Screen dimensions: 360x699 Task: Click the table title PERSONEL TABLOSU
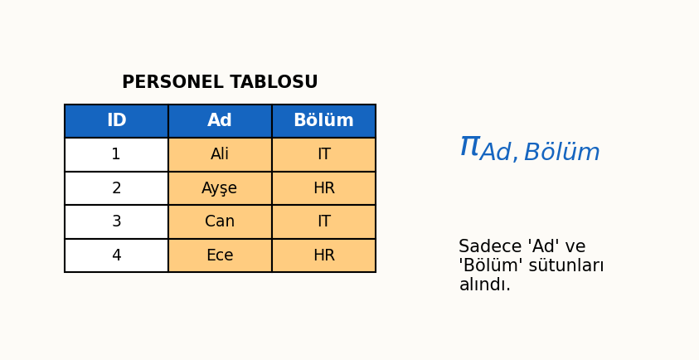(x=220, y=83)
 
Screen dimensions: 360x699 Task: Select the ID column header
(x=116, y=121)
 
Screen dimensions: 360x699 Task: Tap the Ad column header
(x=220, y=121)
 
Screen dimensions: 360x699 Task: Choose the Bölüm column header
(x=323, y=121)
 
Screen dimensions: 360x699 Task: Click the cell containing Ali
(x=220, y=155)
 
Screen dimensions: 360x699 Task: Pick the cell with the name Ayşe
(x=220, y=188)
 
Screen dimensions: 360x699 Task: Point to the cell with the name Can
(x=220, y=222)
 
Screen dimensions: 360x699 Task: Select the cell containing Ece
(x=220, y=255)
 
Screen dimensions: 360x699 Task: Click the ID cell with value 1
(x=116, y=155)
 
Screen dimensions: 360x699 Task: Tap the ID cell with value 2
(x=116, y=188)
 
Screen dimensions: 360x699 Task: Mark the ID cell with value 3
(x=116, y=222)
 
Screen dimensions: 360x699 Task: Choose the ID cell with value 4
(x=116, y=255)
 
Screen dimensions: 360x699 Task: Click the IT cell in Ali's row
(x=323, y=155)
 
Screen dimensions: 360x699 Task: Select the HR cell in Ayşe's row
(x=323, y=188)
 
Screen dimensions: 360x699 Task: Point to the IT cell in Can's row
(x=323, y=222)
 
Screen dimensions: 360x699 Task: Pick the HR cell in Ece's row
(x=323, y=255)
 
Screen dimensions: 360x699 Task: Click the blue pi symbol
(x=469, y=147)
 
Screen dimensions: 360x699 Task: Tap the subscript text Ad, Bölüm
(x=540, y=153)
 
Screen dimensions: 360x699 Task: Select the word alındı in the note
(x=484, y=285)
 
